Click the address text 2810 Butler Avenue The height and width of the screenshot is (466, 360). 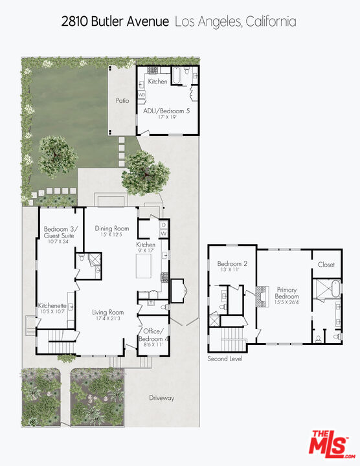point(116,21)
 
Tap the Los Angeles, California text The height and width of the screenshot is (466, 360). point(236,21)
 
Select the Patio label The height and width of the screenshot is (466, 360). point(122,100)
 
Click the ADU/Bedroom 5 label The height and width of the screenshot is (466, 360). point(166,111)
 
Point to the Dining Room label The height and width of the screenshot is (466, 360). point(112,228)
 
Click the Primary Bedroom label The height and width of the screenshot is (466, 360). point(287,293)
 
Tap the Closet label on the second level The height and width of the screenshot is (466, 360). point(326,264)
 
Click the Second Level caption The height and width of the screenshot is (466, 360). point(225,359)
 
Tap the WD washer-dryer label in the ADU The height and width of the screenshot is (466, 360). point(141,94)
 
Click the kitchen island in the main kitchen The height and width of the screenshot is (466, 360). point(144,265)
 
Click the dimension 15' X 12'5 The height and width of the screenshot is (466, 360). point(112,235)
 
